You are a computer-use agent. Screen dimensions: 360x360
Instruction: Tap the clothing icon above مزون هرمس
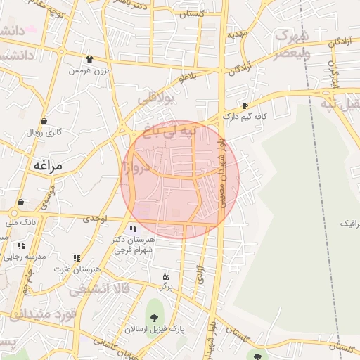[89, 60]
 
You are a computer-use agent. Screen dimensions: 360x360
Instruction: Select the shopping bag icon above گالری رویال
[44, 121]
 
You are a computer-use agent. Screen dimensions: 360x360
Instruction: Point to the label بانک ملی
[20, 222]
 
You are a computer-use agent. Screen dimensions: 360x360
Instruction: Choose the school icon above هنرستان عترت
[76, 259]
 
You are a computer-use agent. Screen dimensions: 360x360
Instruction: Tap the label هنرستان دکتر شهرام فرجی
[136, 245]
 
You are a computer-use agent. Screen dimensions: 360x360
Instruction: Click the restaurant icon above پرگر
[166, 276]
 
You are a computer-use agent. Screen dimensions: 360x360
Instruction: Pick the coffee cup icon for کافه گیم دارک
[244, 106]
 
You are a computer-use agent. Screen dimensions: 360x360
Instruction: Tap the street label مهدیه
[237, 33]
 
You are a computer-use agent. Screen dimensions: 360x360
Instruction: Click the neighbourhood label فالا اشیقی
[106, 288]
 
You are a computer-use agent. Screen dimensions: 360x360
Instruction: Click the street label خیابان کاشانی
[105, 345]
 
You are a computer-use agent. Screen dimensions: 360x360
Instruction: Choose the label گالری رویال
[44, 132]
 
